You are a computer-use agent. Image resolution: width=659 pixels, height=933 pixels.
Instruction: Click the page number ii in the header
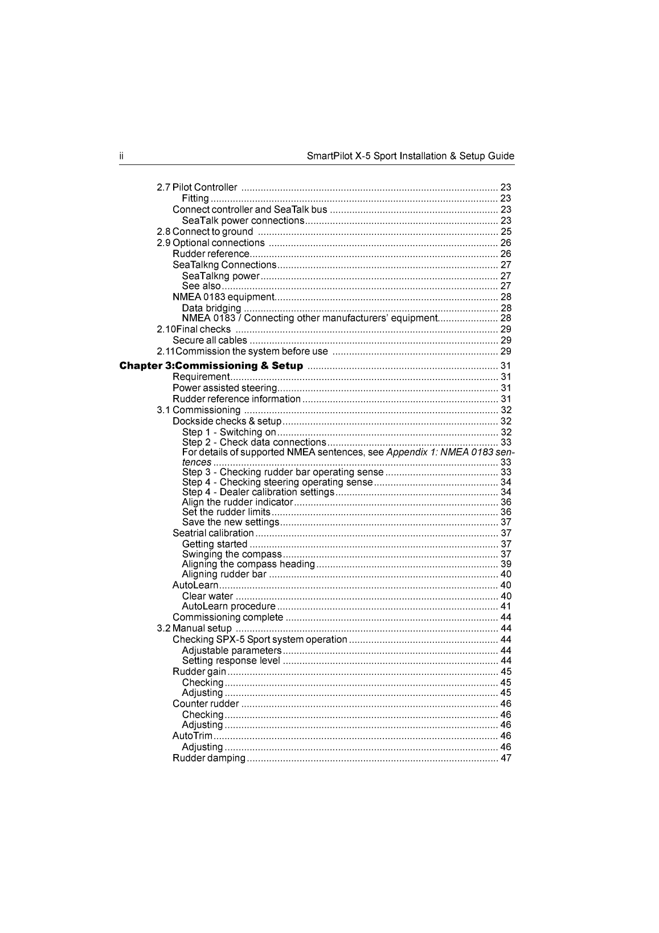pyautogui.click(x=121, y=156)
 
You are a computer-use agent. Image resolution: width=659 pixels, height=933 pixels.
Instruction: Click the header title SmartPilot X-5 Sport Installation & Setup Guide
pyautogui.click(x=410, y=156)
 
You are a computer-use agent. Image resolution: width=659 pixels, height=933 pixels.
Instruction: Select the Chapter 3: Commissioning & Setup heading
pyautogui.click(x=211, y=366)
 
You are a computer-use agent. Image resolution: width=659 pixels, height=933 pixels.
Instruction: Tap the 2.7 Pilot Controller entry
pyautogui.click(x=197, y=188)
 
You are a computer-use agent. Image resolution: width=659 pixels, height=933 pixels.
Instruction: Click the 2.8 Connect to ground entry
pyautogui.click(x=205, y=231)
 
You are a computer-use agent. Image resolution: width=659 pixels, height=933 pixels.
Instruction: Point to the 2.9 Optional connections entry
pyautogui.click(x=211, y=243)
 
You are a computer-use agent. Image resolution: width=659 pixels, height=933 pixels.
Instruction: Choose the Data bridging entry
pyautogui.click(x=211, y=308)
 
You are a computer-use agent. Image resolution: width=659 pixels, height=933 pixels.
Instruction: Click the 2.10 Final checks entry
pyautogui.click(x=194, y=329)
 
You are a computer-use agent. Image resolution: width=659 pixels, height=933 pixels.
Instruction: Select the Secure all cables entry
pyautogui.click(x=210, y=340)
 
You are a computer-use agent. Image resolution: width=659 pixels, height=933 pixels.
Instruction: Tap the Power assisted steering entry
pyautogui.click(x=224, y=388)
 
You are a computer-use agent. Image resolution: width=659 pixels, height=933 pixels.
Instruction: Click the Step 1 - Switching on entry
pyautogui.click(x=229, y=433)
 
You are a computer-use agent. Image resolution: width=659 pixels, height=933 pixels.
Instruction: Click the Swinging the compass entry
pyautogui.click(x=232, y=555)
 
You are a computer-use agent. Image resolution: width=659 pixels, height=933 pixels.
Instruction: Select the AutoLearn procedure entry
pyautogui.click(x=228, y=606)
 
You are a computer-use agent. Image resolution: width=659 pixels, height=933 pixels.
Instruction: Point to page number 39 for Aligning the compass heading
pyautogui.click(x=506, y=564)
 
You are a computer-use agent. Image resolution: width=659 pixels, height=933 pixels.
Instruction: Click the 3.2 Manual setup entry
pyautogui.click(x=195, y=629)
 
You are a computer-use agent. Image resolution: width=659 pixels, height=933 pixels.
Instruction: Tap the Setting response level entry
pyautogui.click(x=231, y=661)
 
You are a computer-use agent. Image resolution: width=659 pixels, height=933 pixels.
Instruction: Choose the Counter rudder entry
pyautogui.click(x=206, y=704)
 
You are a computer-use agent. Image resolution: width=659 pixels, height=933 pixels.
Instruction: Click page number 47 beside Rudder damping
pyautogui.click(x=506, y=758)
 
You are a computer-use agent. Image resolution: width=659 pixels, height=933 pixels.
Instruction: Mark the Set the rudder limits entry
pyautogui.click(x=226, y=512)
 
